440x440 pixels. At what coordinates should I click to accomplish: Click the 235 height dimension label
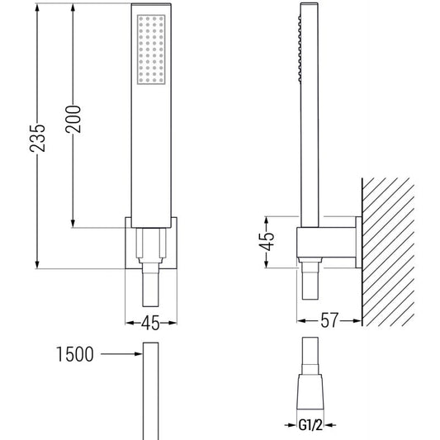click(x=38, y=139)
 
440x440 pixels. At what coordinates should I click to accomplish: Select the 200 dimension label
click(x=73, y=119)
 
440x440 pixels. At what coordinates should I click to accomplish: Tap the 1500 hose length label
click(x=75, y=354)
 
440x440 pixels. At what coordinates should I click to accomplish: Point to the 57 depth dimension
click(x=329, y=320)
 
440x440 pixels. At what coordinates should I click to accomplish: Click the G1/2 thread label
click(x=310, y=425)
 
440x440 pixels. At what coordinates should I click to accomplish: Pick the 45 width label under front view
click(x=150, y=323)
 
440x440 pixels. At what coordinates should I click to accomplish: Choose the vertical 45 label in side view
click(x=267, y=241)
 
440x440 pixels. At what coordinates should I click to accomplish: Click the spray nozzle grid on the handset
click(x=151, y=50)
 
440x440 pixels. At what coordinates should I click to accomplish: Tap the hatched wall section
click(x=388, y=252)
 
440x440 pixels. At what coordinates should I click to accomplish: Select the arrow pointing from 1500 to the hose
click(x=121, y=354)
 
